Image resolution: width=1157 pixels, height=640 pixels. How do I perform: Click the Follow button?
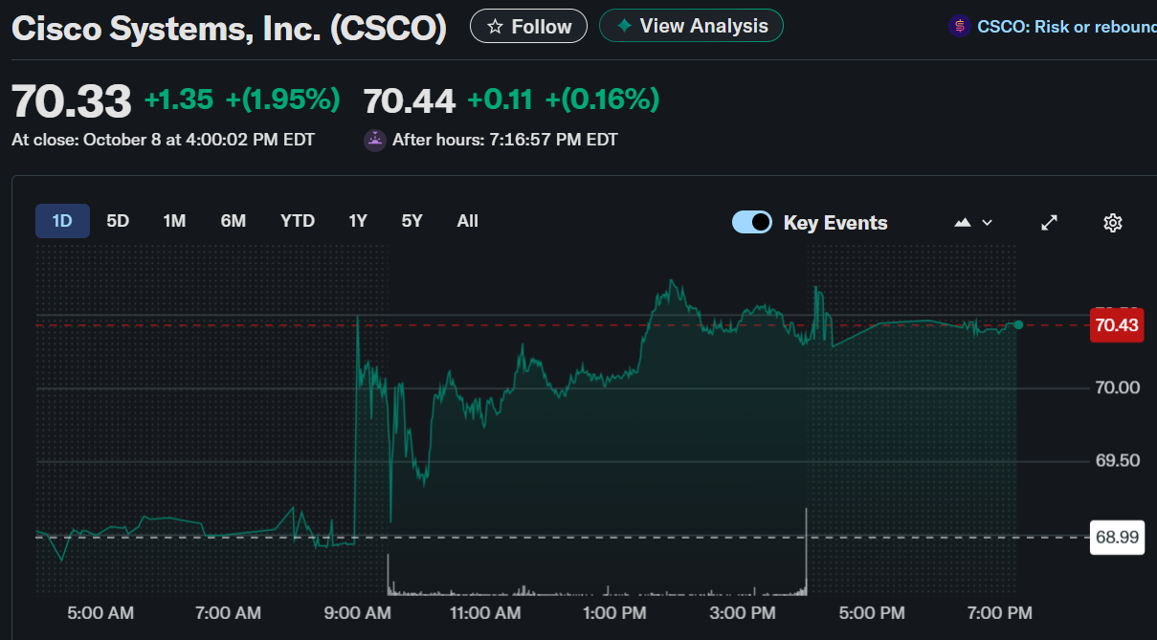pyautogui.click(x=528, y=27)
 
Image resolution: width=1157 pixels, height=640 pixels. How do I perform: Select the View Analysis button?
pyautogui.click(x=691, y=27)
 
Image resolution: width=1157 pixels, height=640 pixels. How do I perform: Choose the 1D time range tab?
pyautogui.click(x=62, y=221)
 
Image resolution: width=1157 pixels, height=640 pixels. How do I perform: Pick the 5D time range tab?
pyautogui.click(x=118, y=221)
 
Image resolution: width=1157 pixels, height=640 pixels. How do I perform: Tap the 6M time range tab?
pyautogui.click(x=234, y=221)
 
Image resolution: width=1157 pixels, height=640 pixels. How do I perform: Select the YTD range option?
pyautogui.click(x=298, y=221)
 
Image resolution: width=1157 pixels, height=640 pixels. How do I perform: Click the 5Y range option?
pyautogui.click(x=412, y=221)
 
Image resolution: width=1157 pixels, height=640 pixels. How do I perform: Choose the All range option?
pyautogui.click(x=467, y=221)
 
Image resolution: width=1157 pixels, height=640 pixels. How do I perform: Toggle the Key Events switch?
pyautogui.click(x=752, y=222)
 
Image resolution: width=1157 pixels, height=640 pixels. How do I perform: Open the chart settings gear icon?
pyautogui.click(x=1112, y=223)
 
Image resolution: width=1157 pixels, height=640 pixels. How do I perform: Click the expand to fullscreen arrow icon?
pyautogui.click(x=1049, y=223)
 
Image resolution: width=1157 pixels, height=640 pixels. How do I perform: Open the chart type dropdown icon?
pyautogui.click(x=973, y=223)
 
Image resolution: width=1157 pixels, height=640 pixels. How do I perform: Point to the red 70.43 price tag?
pyautogui.click(x=1117, y=325)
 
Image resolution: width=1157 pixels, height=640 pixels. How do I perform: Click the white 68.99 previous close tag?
pyautogui.click(x=1117, y=538)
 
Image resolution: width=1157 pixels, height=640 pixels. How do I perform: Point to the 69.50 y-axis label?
pyautogui.click(x=1117, y=461)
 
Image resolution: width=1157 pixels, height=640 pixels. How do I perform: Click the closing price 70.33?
pyautogui.click(x=71, y=100)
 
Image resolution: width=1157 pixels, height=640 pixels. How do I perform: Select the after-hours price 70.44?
pyautogui.click(x=410, y=100)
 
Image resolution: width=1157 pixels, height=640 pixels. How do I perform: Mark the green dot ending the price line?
pyautogui.click(x=1018, y=325)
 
